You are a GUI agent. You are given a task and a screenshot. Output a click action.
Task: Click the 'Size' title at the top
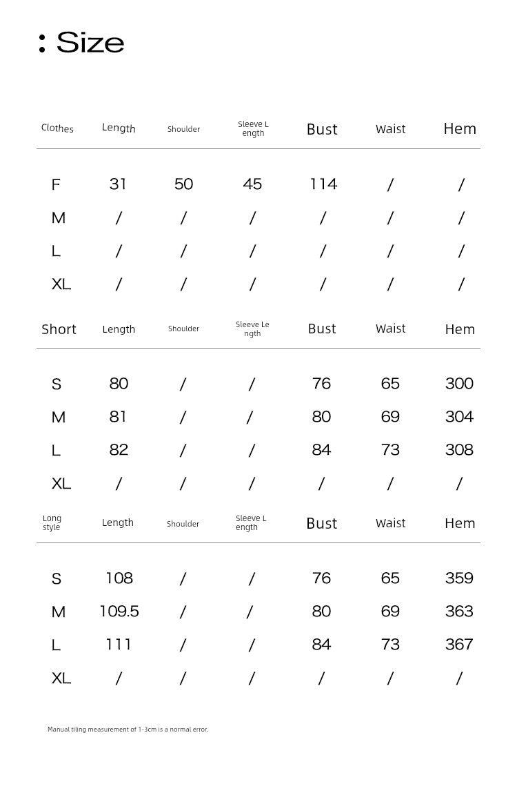[x=90, y=43]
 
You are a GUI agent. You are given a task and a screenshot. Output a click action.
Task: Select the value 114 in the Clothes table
[x=323, y=184]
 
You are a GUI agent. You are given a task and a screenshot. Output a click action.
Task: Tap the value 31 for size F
[x=118, y=184]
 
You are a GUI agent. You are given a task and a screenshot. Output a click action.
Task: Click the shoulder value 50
[x=183, y=184]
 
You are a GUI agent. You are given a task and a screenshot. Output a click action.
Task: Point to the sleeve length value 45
[x=252, y=184]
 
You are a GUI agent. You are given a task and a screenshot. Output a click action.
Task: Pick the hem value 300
[x=459, y=384]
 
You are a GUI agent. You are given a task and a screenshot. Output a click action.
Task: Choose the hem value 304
[x=459, y=417]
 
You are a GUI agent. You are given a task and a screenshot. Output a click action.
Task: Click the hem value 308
[x=459, y=450]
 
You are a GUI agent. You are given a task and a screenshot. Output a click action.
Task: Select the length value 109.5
[x=119, y=612]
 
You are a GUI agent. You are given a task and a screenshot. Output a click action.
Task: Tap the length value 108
[x=119, y=578]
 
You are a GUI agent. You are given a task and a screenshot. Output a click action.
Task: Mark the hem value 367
[x=459, y=645]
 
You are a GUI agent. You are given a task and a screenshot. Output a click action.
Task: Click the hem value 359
[x=459, y=578]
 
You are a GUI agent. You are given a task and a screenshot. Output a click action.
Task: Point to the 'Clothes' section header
[x=57, y=128]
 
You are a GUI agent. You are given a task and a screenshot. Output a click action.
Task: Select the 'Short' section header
[x=59, y=329]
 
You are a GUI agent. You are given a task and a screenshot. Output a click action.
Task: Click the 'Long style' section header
[x=52, y=522]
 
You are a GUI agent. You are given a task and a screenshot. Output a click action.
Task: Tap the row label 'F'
[x=56, y=185]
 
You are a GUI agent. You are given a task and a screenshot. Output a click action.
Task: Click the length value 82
[x=119, y=450]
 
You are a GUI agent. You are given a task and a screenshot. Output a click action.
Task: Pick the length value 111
[x=119, y=645]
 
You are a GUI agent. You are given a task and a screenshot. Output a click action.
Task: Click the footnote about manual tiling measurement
[x=128, y=730]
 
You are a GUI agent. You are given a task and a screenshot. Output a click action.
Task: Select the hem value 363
[x=459, y=612]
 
